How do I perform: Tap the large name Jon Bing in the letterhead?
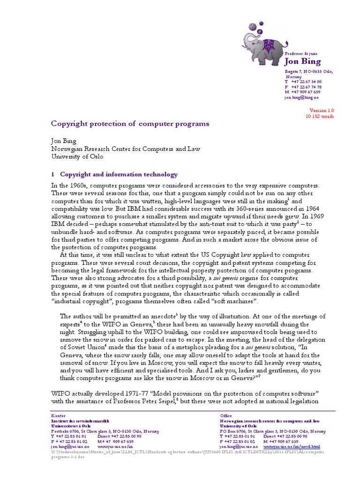[302, 62]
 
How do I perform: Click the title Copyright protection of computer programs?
[130, 124]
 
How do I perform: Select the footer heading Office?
[226, 415]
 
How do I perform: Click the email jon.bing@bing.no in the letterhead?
[301, 97]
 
